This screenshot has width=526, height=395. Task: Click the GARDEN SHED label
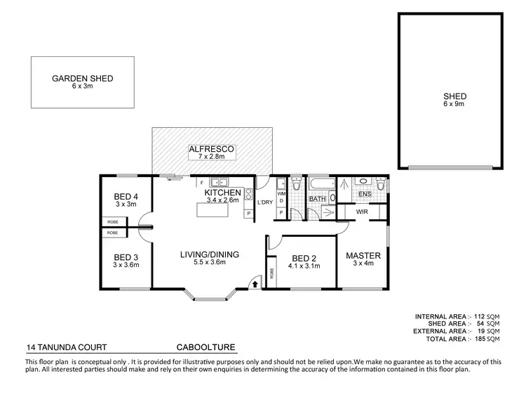click(83, 79)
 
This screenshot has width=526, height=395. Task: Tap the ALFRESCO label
click(212, 150)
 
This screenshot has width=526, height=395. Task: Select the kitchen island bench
click(218, 210)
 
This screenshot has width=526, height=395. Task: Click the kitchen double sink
click(212, 182)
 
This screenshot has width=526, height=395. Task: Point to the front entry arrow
click(255, 283)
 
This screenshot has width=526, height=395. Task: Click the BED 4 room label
click(127, 196)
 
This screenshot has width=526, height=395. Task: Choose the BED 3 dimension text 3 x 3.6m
click(127, 265)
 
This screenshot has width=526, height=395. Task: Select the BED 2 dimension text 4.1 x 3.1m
click(304, 266)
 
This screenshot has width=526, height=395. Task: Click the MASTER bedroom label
click(363, 255)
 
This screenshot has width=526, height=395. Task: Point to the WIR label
click(362, 211)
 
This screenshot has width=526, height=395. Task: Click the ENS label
click(364, 193)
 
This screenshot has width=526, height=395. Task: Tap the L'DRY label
click(264, 202)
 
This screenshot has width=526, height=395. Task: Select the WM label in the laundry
click(281, 193)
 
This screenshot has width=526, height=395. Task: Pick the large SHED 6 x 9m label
click(454, 96)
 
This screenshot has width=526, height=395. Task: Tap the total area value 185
click(480, 339)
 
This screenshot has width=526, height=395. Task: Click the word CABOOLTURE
click(205, 347)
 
